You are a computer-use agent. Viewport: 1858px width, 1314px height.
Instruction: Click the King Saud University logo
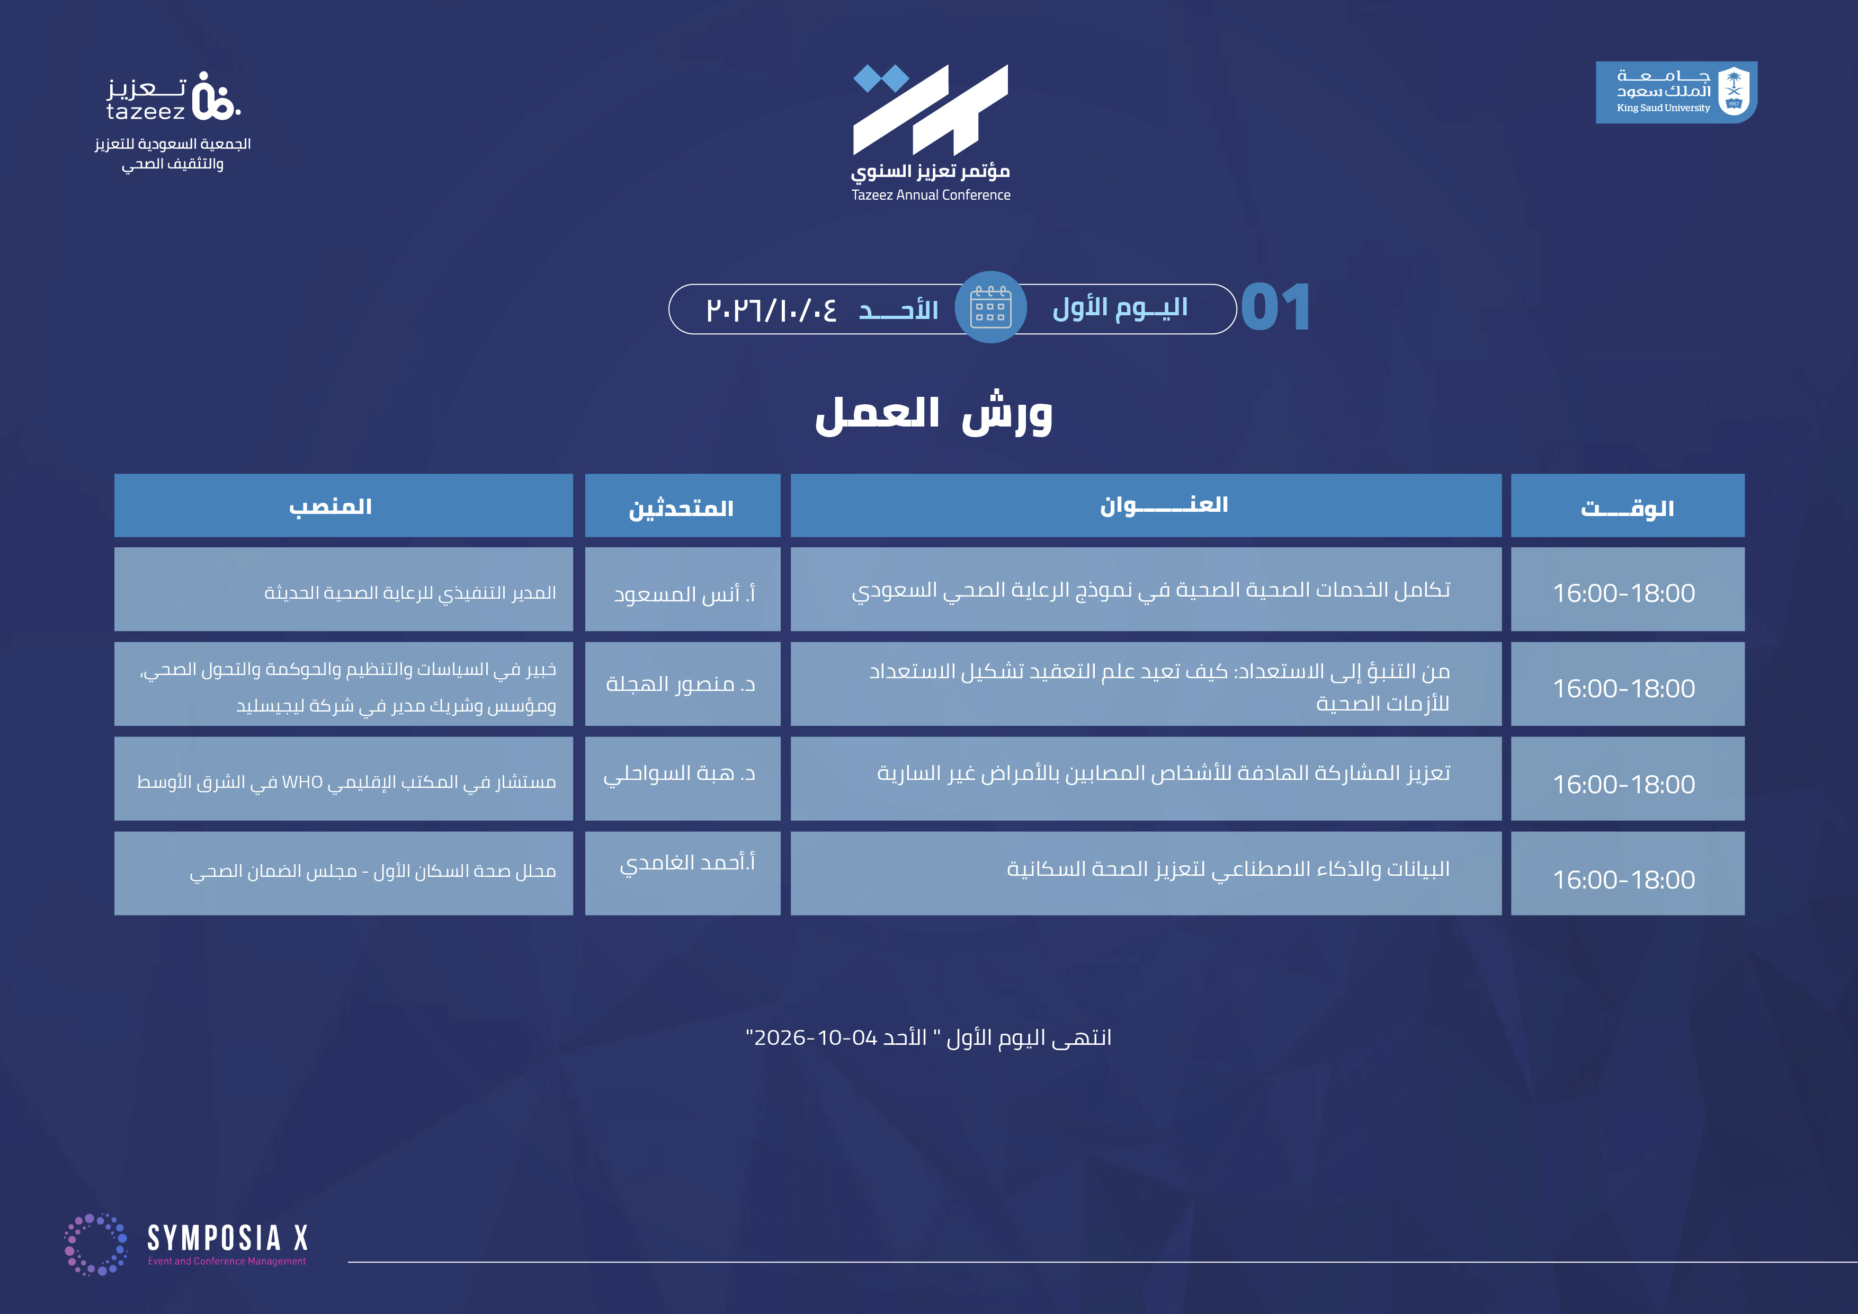pyautogui.click(x=1676, y=92)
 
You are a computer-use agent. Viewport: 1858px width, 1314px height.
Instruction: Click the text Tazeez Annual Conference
pyautogui.click(x=931, y=195)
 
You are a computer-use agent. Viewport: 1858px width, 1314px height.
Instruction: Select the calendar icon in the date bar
pyautogui.click(x=990, y=307)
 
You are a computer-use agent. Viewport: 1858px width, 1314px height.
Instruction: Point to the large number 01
pyautogui.click(x=1275, y=308)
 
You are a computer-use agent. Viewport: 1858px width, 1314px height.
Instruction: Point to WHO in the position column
pyautogui.click(x=302, y=782)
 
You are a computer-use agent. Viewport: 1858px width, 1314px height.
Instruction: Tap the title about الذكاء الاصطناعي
pyautogui.click(x=1228, y=869)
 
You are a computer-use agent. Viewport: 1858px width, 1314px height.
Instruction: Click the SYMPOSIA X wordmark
pyautogui.click(x=227, y=1239)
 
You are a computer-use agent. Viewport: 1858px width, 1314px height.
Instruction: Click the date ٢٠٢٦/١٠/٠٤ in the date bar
pyautogui.click(x=771, y=310)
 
